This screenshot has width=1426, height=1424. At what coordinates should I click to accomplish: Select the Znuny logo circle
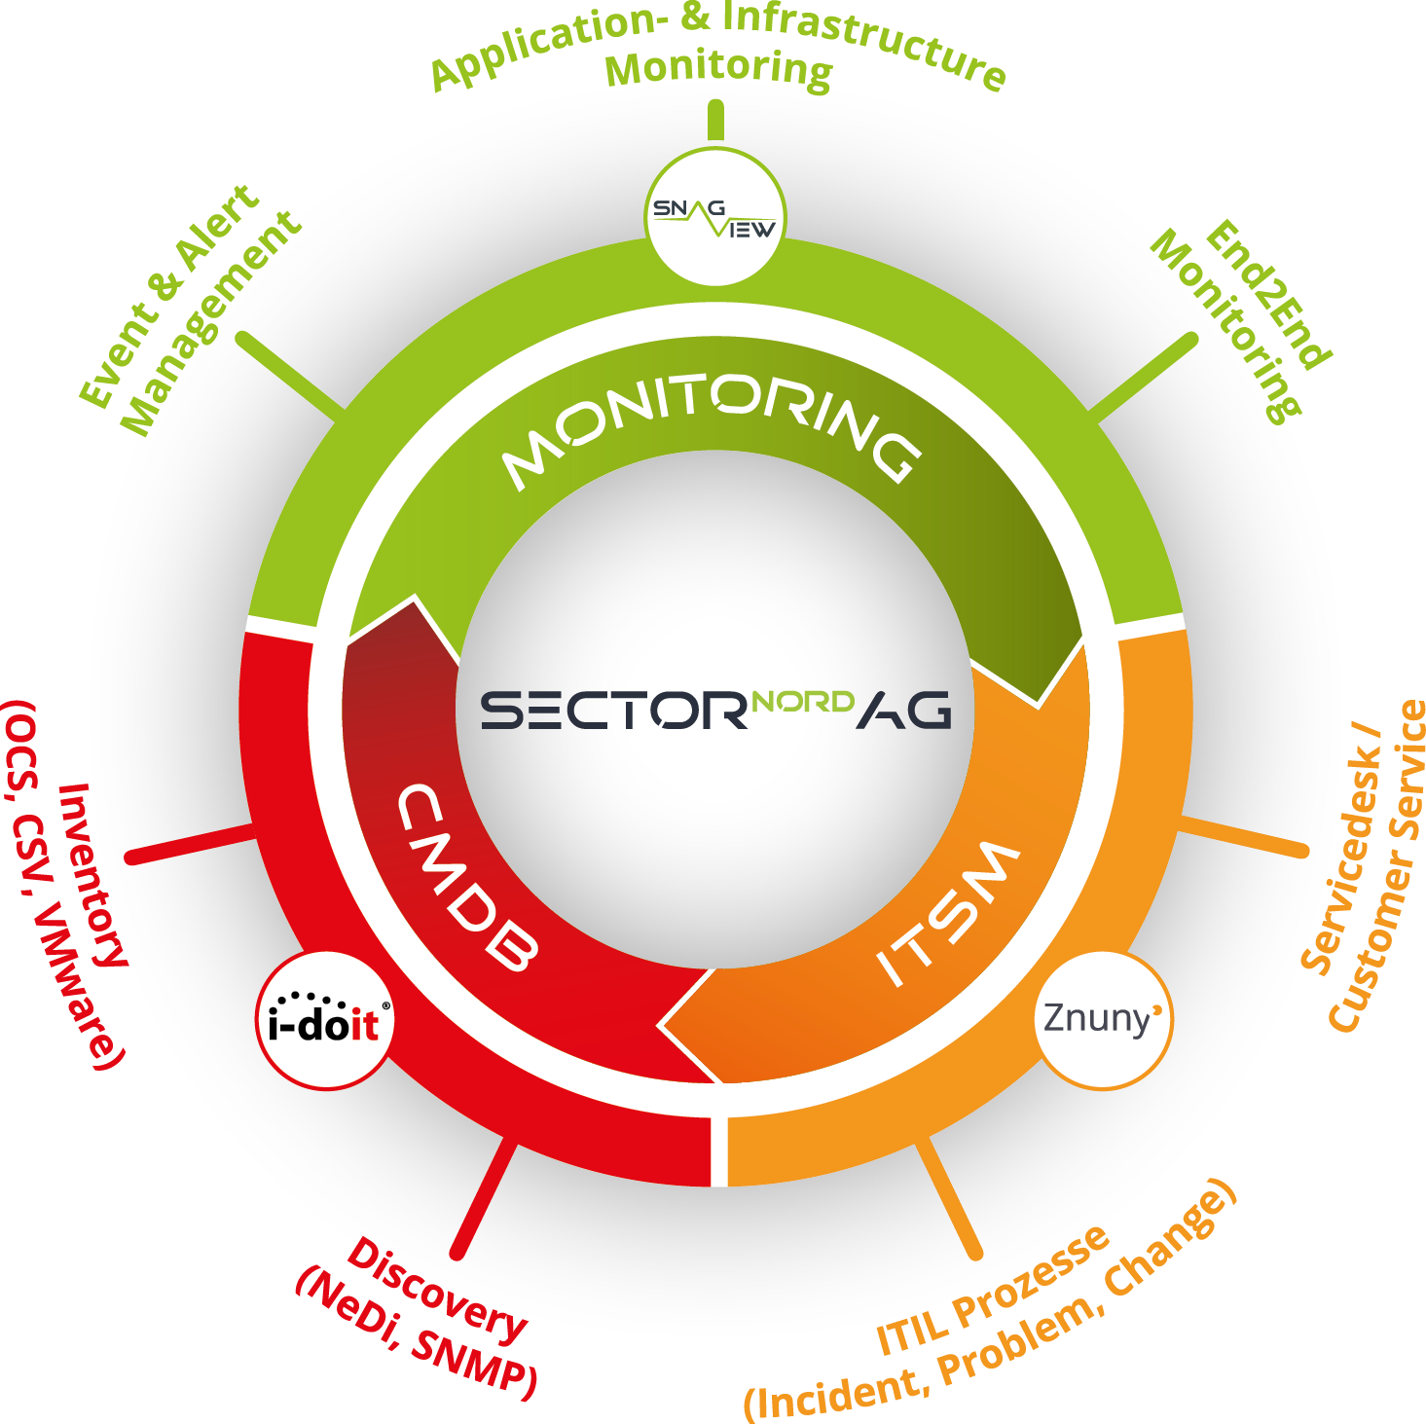(1102, 1020)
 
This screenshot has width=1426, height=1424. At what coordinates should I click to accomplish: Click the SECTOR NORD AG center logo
(715, 710)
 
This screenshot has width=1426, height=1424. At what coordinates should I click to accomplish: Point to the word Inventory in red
(92, 876)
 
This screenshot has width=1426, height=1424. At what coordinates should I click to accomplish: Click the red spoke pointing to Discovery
(484, 1197)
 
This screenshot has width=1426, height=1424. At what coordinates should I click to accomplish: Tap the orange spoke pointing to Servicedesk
(1242, 837)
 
